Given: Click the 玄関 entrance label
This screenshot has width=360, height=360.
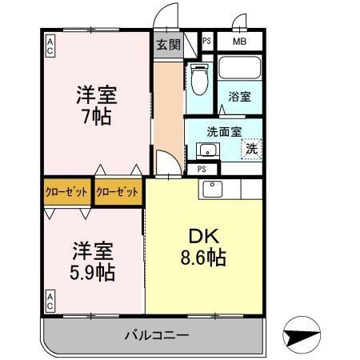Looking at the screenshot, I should point(166,44).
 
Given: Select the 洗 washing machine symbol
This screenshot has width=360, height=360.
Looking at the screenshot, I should point(251,147).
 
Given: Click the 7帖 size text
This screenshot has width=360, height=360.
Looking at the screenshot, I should point(96,114).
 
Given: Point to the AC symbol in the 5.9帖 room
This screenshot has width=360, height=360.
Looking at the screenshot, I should point(50,302).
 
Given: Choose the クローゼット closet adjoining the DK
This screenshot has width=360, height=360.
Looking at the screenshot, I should point(118,192).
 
